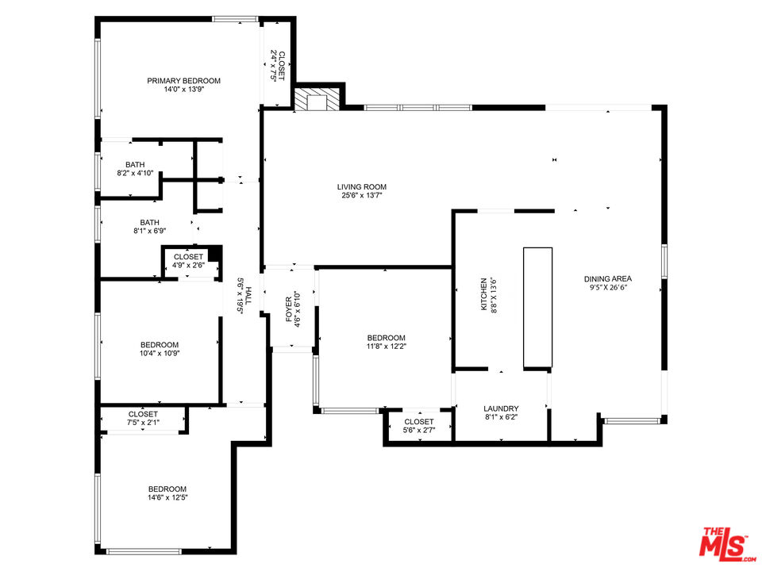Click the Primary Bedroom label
point(183,81)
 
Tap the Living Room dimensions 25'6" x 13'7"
point(362,196)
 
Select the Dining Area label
point(608,278)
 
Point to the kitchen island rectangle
point(537,308)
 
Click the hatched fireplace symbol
point(317,98)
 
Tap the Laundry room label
point(501,409)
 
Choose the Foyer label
point(289,309)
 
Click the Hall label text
point(248,296)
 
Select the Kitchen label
point(483,294)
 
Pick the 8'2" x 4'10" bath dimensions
point(135,173)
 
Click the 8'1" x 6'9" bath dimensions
point(150,231)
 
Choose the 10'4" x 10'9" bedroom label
point(160,349)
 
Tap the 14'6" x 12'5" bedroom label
point(167,493)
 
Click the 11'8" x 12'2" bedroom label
point(387,342)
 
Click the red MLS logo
point(727,542)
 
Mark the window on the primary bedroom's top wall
point(235,19)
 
